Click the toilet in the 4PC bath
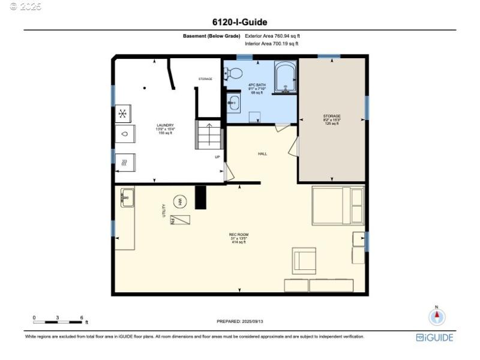(x=233, y=74)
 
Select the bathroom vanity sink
(x=234, y=103)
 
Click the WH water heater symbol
(x=180, y=202)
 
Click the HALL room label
(x=262, y=154)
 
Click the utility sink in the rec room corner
(x=127, y=197)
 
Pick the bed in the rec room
(x=338, y=205)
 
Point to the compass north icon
(x=437, y=316)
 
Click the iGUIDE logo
(x=434, y=338)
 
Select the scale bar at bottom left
(x=58, y=320)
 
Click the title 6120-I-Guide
(x=240, y=22)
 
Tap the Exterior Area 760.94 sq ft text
(x=272, y=36)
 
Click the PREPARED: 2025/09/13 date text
(x=239, y=322)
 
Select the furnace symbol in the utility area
(x=180, y=220)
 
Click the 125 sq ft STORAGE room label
(x=332, y=119)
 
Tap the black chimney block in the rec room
(x=200, y=197)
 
